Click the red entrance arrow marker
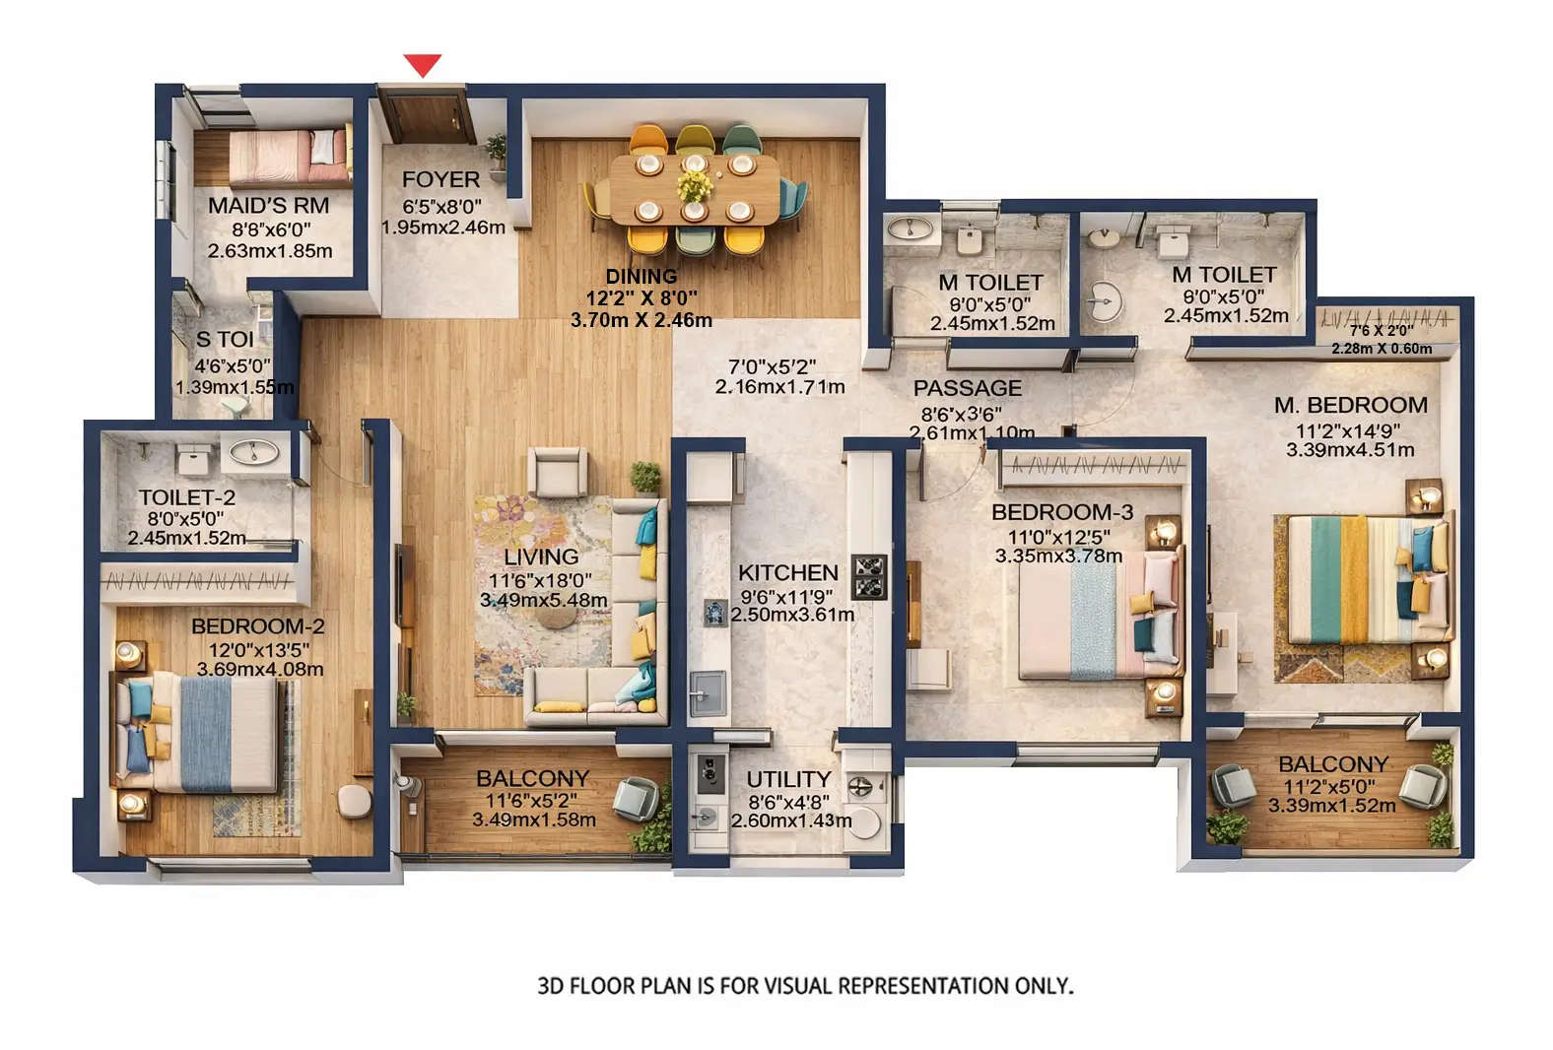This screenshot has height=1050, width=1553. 423,65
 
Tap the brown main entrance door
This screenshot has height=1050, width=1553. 427,116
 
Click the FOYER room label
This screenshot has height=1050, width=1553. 440,179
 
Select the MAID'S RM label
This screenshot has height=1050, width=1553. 268,206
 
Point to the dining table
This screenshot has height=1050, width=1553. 694,187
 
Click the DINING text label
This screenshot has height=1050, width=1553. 641,276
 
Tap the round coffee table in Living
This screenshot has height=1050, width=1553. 557,617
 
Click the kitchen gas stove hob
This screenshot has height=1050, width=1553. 869,577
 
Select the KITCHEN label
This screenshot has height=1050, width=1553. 788,572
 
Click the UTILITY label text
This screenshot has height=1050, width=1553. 788,779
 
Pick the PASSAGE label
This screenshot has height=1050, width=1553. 967,388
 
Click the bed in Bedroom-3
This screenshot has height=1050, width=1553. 1084,621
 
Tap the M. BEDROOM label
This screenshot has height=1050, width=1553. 1350,405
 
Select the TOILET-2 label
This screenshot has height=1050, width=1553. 186,497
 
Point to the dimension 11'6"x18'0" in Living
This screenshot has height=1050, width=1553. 540,580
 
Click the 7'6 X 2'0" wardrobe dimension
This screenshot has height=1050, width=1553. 1381,331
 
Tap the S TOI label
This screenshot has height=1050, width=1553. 225,340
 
